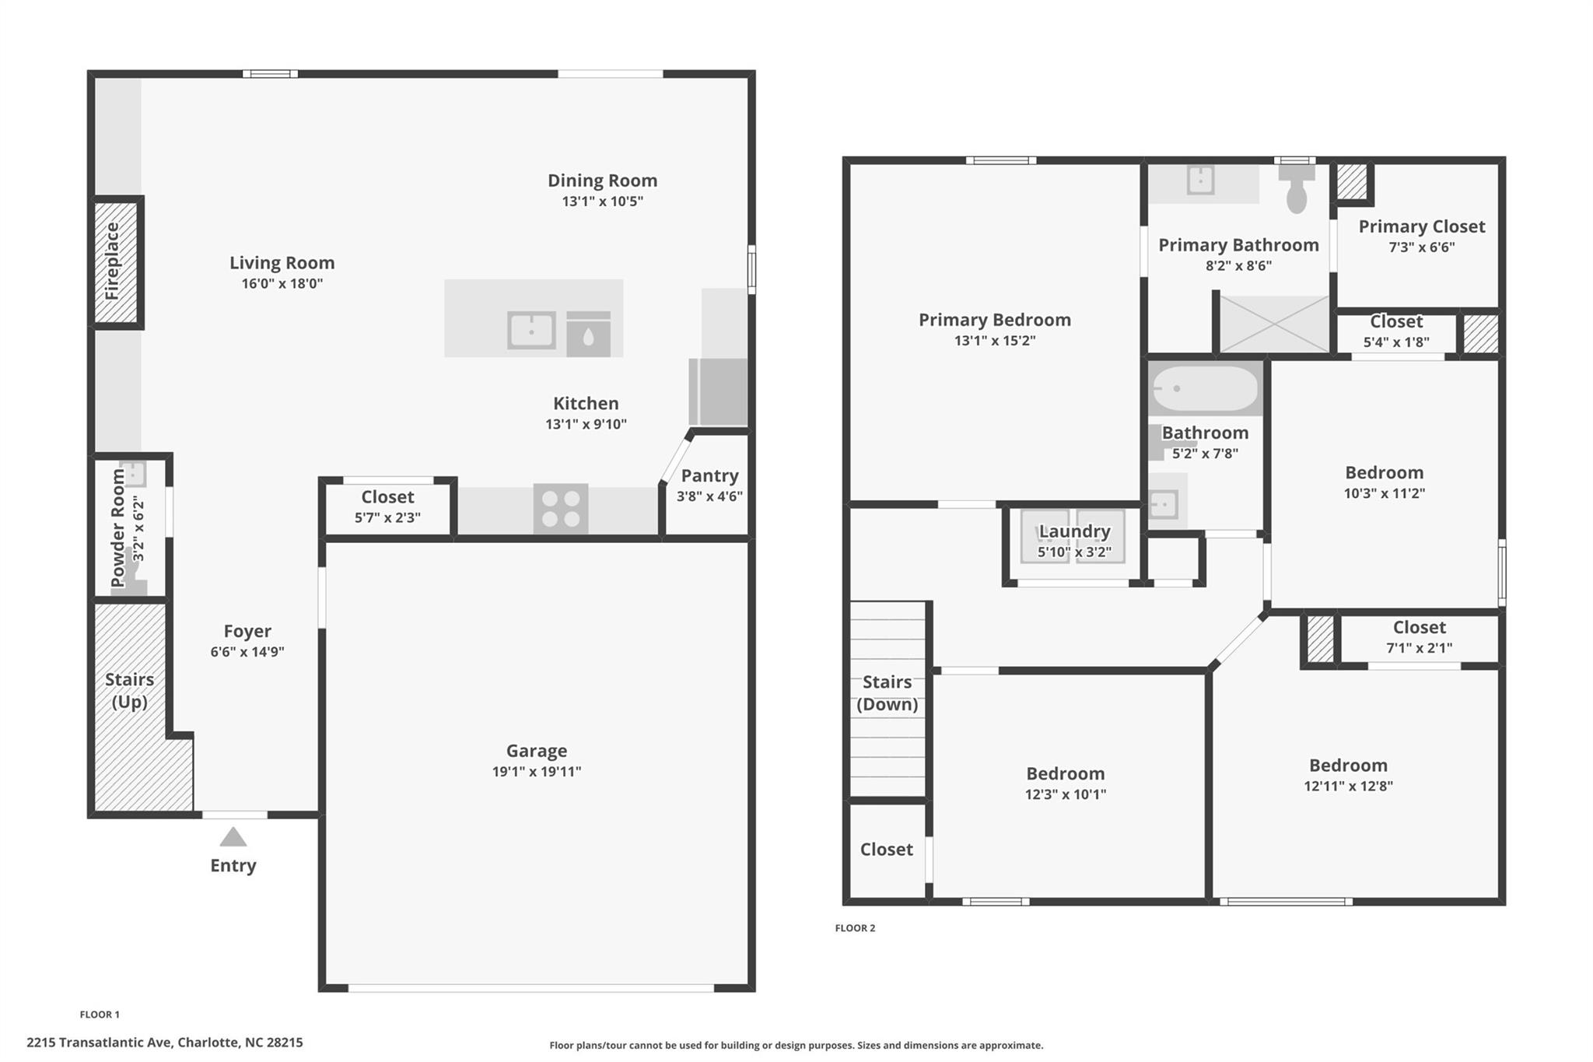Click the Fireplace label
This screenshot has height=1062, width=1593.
click(113, 261)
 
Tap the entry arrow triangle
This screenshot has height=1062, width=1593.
click(233, 838)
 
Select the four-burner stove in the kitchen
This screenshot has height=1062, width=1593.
click(561, 509)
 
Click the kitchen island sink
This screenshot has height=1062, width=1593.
click(531, 330)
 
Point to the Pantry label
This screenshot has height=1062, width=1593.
click(709, 475)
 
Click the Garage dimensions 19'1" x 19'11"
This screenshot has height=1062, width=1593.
click(536, 771)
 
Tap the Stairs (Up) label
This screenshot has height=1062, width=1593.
click(129, 690)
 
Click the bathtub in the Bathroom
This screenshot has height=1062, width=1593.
click(1204, 388)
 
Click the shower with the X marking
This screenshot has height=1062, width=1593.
click(1274, 324)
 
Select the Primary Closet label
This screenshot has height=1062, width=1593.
click(1421, 226)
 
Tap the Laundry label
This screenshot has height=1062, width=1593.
click(1074, 531)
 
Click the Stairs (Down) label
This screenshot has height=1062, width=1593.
click(887, 692)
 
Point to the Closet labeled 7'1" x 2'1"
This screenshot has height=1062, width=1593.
click(1419, 636)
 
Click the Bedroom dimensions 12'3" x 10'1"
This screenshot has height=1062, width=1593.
click(1065, 794)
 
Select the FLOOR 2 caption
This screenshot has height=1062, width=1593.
click(855, 927)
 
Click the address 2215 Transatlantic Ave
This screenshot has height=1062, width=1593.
click(165, 1042)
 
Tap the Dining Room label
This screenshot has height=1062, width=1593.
click(602, 181)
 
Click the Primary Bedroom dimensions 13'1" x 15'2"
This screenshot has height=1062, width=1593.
click(994, 340)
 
